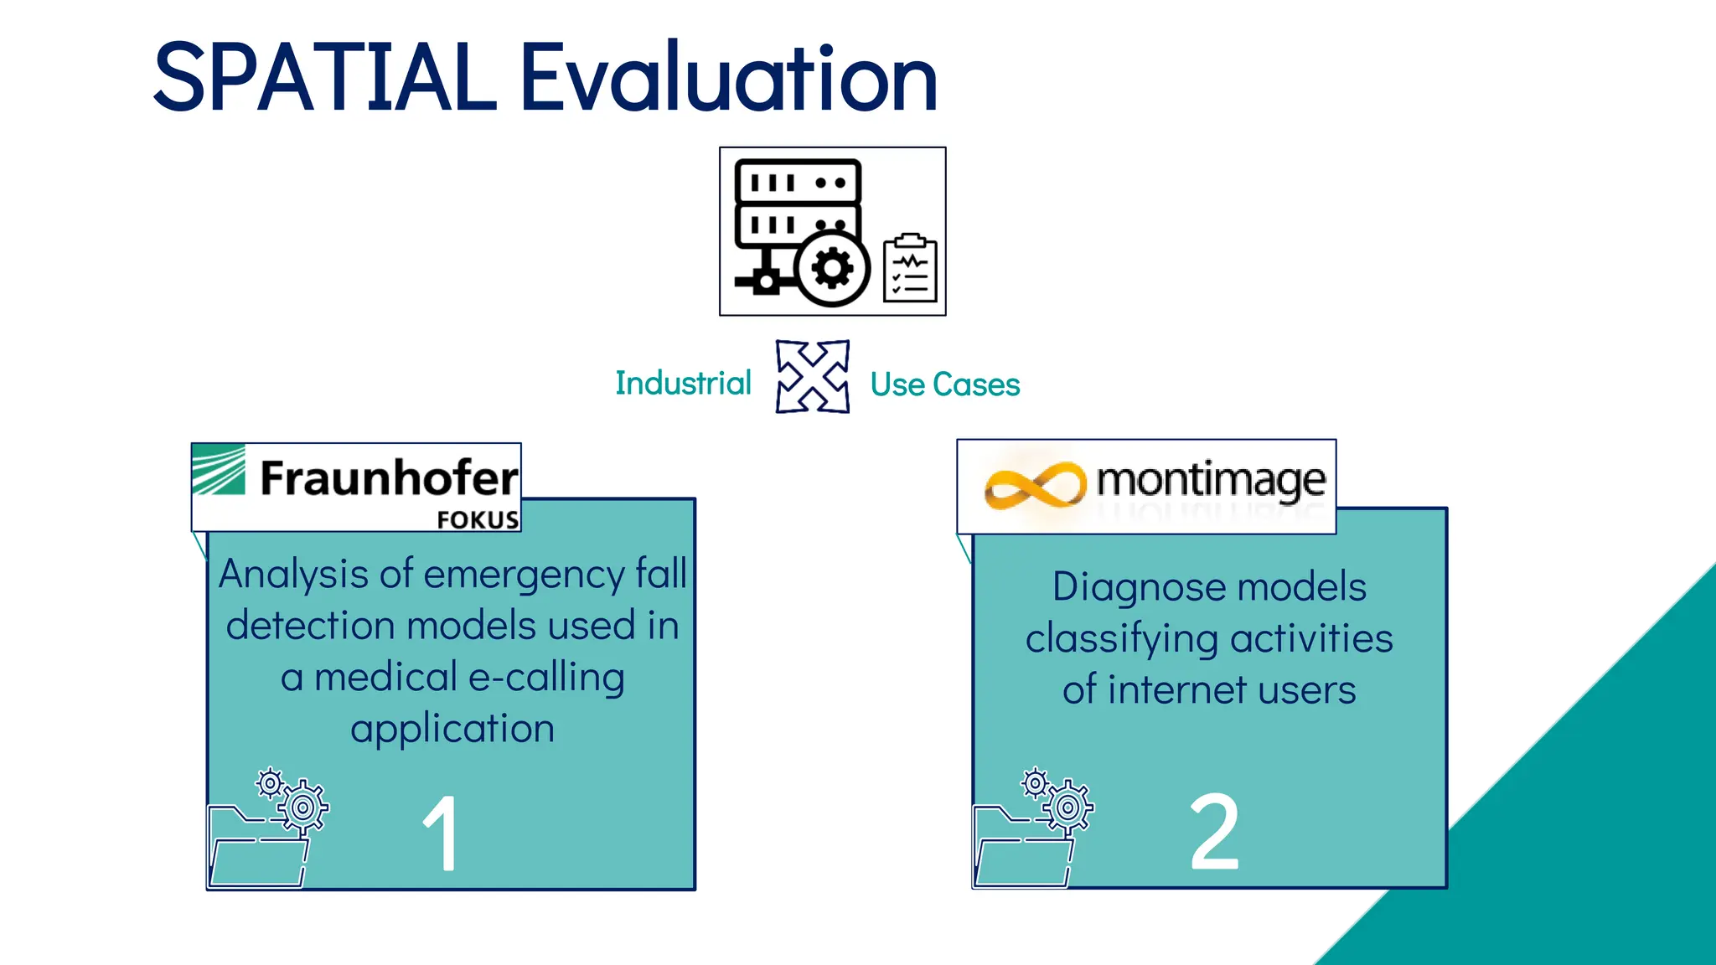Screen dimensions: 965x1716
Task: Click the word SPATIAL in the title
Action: click(325, 77)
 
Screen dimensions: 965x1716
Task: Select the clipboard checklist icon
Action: click(910, 268)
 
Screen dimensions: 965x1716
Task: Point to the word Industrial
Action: click(683, 384)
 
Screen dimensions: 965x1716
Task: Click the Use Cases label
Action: click(944, 384)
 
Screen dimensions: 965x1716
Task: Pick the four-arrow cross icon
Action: click(812, 376)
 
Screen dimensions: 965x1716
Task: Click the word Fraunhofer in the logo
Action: click(389, 478)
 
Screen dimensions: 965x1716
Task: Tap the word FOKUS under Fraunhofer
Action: click(478, 520)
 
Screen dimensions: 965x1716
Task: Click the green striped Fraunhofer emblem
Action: click(219, 470)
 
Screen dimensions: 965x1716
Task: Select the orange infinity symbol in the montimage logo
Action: click(1035, 485)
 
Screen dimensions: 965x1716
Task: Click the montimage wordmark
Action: click(1211, 481)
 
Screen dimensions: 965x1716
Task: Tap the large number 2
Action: click(1214, 831)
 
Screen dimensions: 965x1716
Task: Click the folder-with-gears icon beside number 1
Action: click(266, 829)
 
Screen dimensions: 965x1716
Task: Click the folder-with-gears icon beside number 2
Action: click(1032, 829)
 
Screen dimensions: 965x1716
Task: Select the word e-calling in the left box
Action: click(546, 678)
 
